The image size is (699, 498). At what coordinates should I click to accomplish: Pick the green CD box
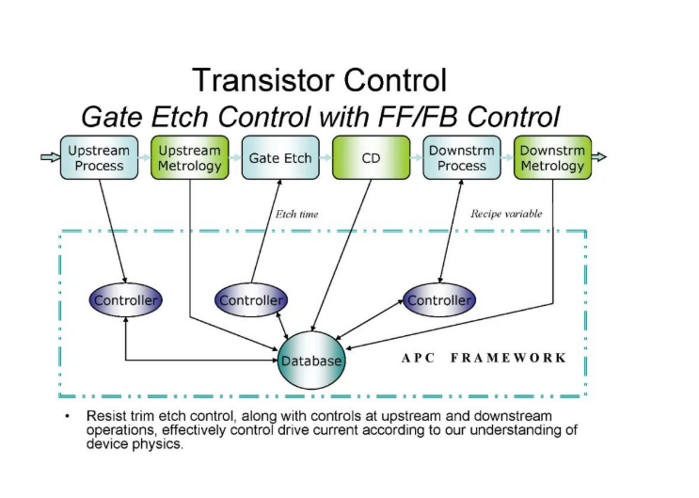click(371, 158)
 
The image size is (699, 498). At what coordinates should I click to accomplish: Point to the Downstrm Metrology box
click(552, 158)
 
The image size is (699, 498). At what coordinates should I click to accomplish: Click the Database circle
click(310, 361)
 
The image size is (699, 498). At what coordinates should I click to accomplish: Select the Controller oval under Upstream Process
click(126, 300)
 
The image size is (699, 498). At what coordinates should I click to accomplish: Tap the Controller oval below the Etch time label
click(251, 300)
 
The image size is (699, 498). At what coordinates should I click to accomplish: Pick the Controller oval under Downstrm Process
click(439, 300)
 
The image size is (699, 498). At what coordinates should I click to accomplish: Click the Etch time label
click(296, 215)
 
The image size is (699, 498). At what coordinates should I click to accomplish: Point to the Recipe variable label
click(507, 214)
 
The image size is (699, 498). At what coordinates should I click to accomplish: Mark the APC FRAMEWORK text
click(484, 358)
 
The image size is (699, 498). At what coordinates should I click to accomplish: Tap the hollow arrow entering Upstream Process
click(50, 156)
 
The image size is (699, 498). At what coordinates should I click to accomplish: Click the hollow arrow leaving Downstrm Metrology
click(598, 156)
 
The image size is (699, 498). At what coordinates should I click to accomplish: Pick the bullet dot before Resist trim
click(67, 415)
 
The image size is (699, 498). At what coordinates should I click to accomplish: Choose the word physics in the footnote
click(159, 445)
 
